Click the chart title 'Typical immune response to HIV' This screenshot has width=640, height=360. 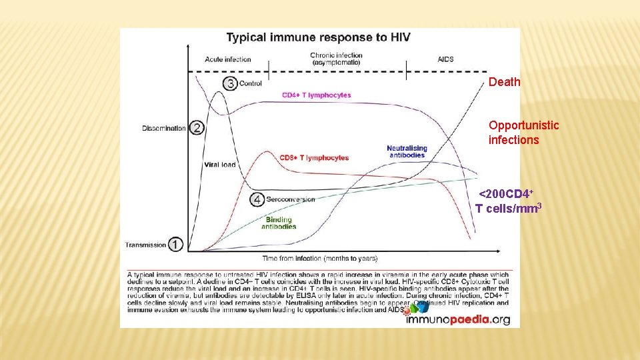pyautogui.click(x=318, y=37)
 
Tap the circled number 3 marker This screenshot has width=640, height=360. pyautogui.click(x=231, y=83)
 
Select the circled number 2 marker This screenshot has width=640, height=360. pyautogui.click(x=197, y=128)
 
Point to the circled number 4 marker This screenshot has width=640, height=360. pyautogui.click(x=257, y=199)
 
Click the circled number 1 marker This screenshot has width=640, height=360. pyautogui.click(x=175, y=245)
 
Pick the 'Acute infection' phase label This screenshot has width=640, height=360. pyautogui.click(x=228, y=59)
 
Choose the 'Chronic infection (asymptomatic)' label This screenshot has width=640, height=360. pyautogui.click(x=336, y=59)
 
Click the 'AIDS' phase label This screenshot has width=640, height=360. pyautogui.click(x=445, y=59)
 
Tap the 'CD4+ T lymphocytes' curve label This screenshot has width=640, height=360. pyautogui.click(x=316, y=95)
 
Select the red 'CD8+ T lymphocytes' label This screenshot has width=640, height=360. pyautogui.click(x=313, y=158)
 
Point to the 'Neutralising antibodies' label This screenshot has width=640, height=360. pyautogui.click(x=407, y=151)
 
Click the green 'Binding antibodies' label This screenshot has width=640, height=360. pyautogui.click(x=279, y=223)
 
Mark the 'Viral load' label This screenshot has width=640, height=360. pyautogui.click(x=219, y=165)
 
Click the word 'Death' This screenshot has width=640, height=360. pyautogui.click(x=504, y=83)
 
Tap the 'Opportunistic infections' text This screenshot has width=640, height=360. pyautogui.click(x=514, y=133)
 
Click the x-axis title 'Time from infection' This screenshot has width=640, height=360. pyautogui.click(x=319, y=258)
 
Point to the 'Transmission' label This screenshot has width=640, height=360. pyautogui.click(x=145, y=245)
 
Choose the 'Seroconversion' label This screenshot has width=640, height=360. pyautogui.click(x=290, y=199)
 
